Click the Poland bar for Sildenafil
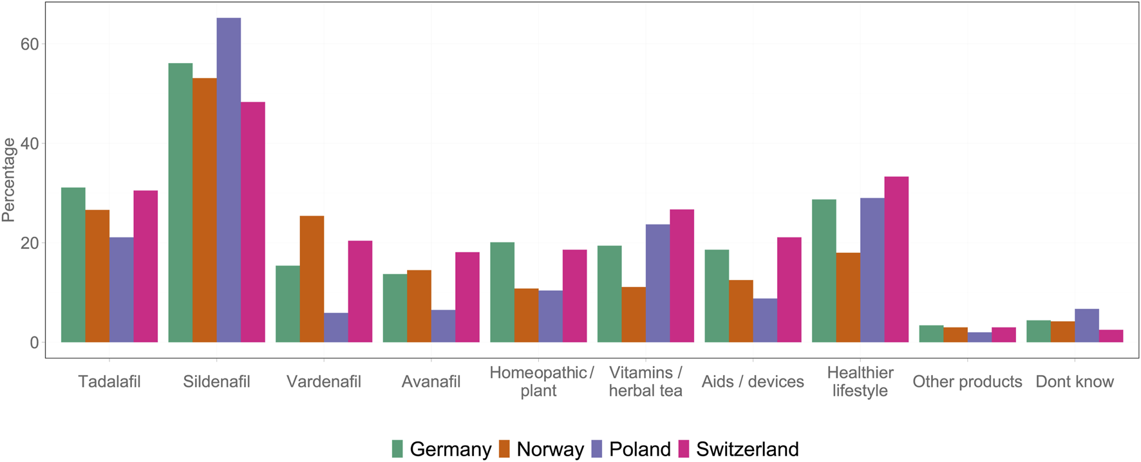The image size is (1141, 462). [229, 180]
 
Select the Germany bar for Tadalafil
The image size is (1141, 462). [73, 264]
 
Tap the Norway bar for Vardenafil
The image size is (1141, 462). [312, 279]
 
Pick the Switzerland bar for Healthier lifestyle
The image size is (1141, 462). [896, 259]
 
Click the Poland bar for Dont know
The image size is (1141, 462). [1087, 326]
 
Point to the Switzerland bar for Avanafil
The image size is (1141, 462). [467, 297]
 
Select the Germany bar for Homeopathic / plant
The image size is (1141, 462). [502, 292]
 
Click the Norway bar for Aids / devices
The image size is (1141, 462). [741, 311]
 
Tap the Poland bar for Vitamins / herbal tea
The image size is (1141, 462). [657, 283]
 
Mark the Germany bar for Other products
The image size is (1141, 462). [931, 334]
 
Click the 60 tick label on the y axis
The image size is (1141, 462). [30, 44]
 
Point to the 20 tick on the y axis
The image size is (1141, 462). [30, 243]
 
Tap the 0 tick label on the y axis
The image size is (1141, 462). [33, 342]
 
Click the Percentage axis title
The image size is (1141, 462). [9, 180]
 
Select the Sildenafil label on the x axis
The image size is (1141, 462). [216, 382]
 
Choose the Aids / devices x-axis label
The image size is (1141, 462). [753, 382]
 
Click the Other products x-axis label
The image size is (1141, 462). [967, 382]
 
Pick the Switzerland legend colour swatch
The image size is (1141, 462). [683, 448]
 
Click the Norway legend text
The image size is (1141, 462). [550, 448]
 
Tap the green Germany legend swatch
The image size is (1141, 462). [397, 448]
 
